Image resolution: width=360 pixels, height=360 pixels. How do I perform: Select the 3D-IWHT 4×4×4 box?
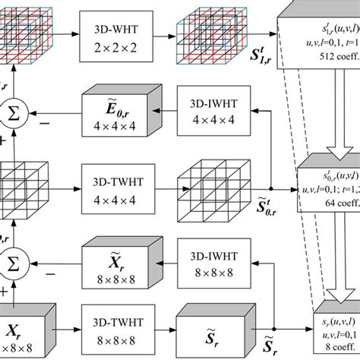coord(207,111)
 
